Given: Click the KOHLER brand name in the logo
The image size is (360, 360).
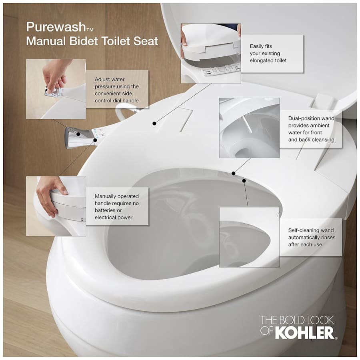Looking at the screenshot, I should tap(304, 333).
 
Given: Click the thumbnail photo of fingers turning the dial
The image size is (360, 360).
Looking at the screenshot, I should tap(56, 89).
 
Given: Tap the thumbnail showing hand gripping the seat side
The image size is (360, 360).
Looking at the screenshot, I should tap(56, 206).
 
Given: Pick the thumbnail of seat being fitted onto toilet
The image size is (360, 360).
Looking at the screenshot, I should tap(210, 53).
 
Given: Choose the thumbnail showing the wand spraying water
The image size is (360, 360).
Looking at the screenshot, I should tap(249, 128).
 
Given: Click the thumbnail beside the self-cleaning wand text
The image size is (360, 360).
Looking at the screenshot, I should tap(249, 237).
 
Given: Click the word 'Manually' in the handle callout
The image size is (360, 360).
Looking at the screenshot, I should tap(107, 196).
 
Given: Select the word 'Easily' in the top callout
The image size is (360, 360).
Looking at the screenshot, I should tap(258, 46).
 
